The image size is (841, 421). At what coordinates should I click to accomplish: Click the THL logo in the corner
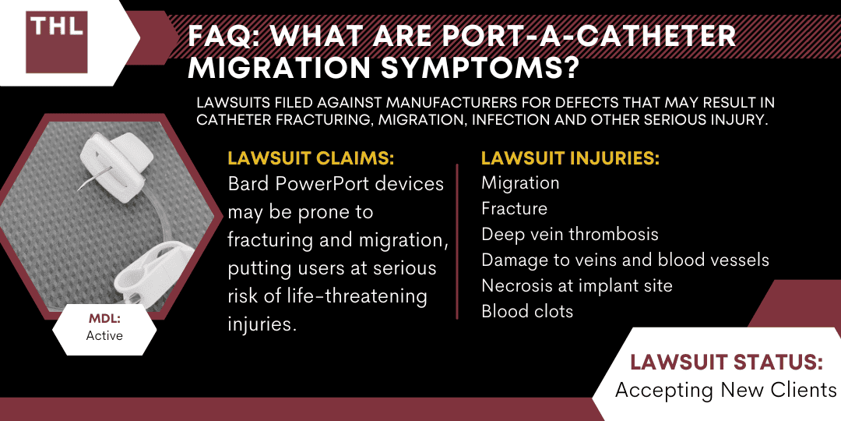click(56, 42)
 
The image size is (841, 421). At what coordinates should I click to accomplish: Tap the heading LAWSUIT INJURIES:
click(570, 158)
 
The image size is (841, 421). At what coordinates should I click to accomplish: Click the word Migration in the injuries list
click(520, 183)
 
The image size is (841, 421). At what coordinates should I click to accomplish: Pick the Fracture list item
click(515, 208)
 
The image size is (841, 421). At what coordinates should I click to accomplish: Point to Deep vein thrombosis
click(569, 234)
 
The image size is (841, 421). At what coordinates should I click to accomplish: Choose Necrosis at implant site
click(576, 285)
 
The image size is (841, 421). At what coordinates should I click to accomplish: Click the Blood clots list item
click(527, 311)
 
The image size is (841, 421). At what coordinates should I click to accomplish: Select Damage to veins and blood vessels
click(625, 260)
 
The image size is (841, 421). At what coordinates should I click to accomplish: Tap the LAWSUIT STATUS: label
click(727, 363)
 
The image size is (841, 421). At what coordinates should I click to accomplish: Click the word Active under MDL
click(104, 336)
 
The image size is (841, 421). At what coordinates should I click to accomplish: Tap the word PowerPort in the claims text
click(326, 184)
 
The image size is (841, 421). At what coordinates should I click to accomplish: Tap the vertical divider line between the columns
click(457, 242)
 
